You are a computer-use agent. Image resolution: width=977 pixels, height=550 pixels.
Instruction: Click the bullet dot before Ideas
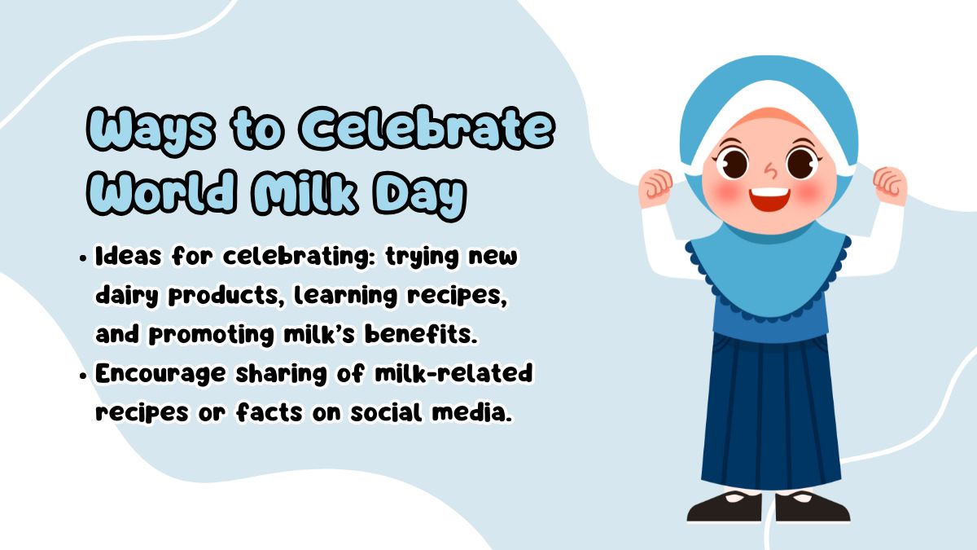pos(84,258)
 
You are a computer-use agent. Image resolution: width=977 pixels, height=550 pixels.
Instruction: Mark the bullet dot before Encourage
pos(84,376)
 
